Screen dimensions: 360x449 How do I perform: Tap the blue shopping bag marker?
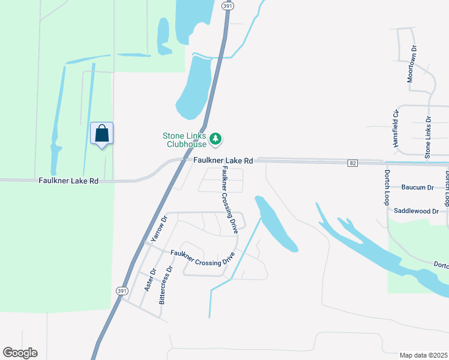coord(101,134)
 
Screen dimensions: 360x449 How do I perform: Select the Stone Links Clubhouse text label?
coord(184,140)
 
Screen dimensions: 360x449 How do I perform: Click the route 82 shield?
coord(353,163)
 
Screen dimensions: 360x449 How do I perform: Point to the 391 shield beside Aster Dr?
coord(121,290)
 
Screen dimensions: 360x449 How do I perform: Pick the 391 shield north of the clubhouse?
coord(226,5)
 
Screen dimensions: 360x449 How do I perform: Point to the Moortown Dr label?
coord(411,64)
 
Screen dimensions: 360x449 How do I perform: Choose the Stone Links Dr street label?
coord(428,138)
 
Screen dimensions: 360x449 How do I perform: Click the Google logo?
coord(20,352)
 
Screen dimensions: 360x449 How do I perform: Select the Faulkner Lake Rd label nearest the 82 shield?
coord(223,161)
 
